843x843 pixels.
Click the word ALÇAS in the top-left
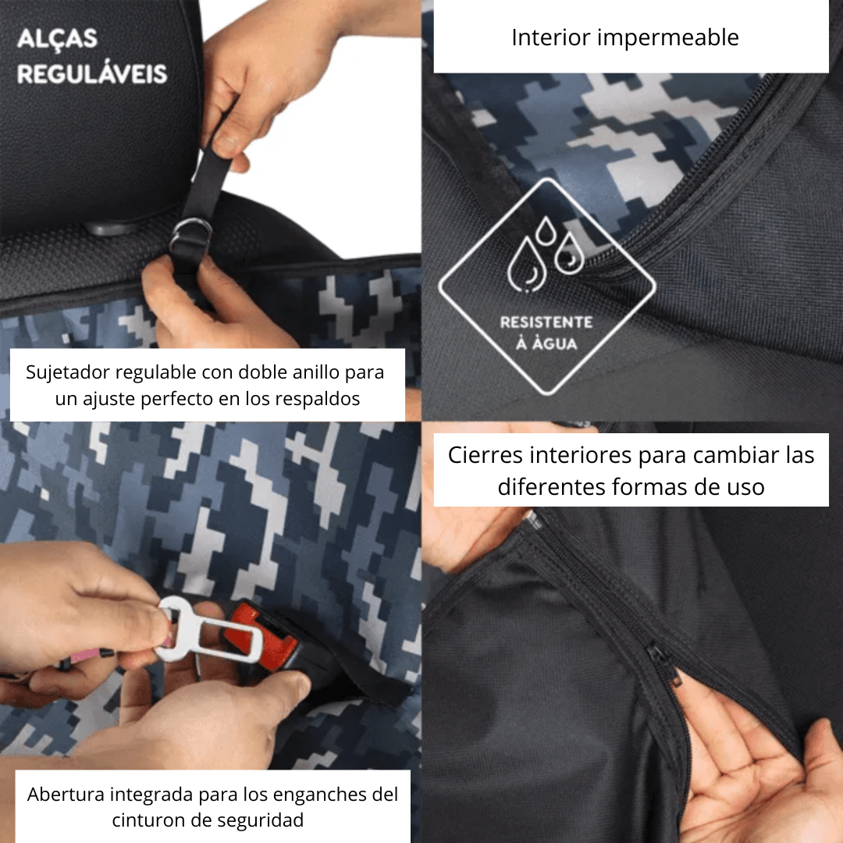57,38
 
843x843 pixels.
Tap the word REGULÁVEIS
92,74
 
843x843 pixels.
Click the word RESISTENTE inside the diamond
546,322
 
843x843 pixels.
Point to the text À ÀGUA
546,343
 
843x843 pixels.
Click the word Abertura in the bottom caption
66,795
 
